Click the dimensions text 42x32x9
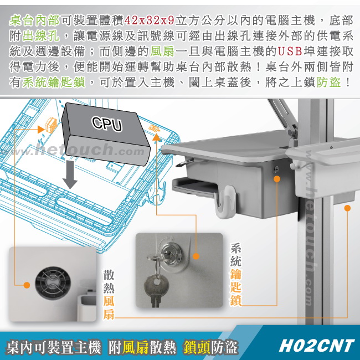tap(149, 20)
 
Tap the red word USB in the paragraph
tap(290, 51)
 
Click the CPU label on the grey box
tap(107, 124)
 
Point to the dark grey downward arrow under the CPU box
tap(70, 174)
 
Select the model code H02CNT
tap(316, 346)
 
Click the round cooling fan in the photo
tap(53, 284)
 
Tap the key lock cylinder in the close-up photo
tap(170, 254)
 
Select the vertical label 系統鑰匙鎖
tap(236, 274)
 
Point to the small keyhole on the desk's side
tap(277, 169)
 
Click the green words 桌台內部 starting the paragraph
tap(34, 20)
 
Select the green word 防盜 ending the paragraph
tap(328, 82)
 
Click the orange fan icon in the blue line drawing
tap(51, 124)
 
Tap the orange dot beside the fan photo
tap(27, 285)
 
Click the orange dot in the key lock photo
tap(196, 256)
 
